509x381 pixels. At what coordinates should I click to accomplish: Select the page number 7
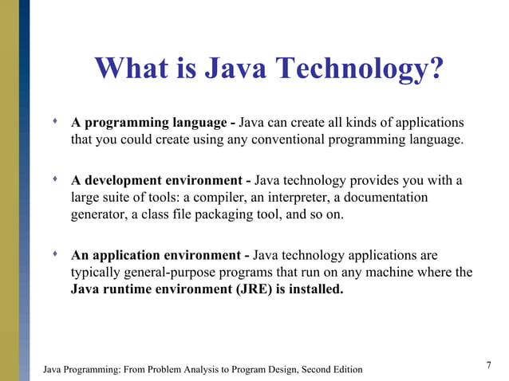(x=488, y=365)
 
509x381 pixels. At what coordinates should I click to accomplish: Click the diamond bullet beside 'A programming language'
(x=54, y=123)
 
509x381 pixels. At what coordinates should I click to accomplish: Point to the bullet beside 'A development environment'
(x=54, y=180)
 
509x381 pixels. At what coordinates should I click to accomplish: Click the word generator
(x=99, y=215)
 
